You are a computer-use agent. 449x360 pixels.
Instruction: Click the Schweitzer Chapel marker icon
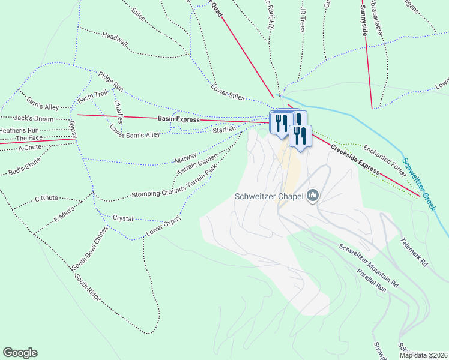(x=313, y=196)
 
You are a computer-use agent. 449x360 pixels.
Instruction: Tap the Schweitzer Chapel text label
(x=269, y=196)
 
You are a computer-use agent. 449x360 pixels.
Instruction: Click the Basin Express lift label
(x=178, y=119)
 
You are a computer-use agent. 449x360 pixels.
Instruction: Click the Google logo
(x=20, y=353)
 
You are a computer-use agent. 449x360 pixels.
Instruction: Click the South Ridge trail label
(x=88, y=287)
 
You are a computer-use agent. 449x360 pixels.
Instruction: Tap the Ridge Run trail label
(x=111, y=83)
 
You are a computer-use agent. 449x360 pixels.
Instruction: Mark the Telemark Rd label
(x=415, y=253)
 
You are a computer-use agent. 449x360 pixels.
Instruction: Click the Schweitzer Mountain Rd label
(x=369, y=265)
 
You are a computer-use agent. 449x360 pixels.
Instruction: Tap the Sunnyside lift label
(x=364, y=22)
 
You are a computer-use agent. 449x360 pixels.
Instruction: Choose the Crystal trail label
(x=123, y=219)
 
